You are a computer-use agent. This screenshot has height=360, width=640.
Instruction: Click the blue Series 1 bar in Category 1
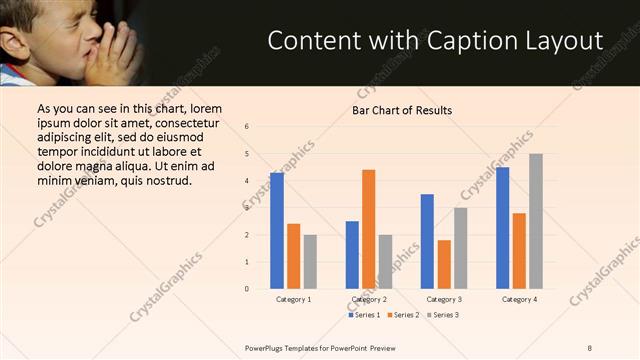tap(277, 231)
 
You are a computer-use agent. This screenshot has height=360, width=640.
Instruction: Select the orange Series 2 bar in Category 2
tap(369, 229)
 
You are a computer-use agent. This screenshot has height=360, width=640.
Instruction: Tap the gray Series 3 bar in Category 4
tap(536, 221)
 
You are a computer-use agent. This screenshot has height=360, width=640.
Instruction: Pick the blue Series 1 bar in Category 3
tap(427, 241)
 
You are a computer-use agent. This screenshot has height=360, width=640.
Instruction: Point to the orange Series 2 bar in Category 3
tap(444, 264)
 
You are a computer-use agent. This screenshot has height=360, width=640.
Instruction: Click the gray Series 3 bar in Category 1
tap(310, 262)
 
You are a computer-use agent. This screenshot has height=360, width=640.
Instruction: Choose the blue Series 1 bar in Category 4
tap(502, 228)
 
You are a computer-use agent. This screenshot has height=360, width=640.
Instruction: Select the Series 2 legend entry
tap(402, 315)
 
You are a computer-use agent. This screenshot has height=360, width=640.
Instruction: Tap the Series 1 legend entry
tap(362, 315)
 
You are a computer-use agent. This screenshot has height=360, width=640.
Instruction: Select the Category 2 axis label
tap(369, 300)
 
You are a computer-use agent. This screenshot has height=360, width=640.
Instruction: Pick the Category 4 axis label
tap(519, 300)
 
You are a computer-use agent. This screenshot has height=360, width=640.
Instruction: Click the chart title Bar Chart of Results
tap(402, 110)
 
